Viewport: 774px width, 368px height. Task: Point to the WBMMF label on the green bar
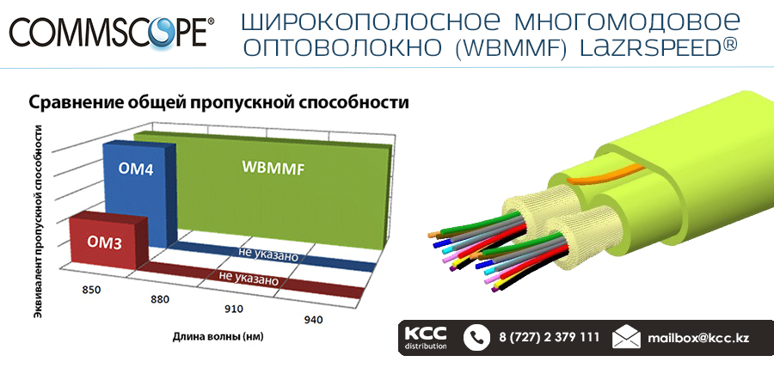point(273,167)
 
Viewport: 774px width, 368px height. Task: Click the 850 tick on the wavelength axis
point(91,290)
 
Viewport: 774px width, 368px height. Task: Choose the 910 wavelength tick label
point(234,310)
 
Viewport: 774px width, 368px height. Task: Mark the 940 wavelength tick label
point(313,320)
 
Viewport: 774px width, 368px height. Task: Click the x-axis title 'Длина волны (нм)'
point(218,338)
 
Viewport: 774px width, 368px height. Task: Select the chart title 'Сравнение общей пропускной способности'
point(218,103)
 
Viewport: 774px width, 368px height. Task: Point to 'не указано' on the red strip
point(249,279)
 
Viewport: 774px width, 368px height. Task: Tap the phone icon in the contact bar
point(476,338)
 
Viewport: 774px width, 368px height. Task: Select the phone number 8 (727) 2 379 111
point(549,338)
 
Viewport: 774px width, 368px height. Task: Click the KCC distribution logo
point(426,338)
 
